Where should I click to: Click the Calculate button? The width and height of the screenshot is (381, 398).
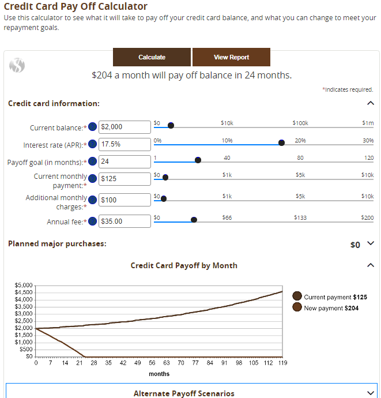152,57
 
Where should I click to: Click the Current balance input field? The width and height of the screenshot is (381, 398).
125,127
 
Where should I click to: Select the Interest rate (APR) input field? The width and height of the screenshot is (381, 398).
125,144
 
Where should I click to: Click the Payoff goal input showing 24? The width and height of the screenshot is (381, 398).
125,162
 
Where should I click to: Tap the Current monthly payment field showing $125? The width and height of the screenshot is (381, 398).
125,178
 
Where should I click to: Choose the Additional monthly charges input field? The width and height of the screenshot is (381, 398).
125,200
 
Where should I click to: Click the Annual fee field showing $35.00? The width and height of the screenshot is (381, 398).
125,221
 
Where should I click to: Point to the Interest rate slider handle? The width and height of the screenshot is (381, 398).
281,143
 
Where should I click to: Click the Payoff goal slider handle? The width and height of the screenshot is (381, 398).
198,160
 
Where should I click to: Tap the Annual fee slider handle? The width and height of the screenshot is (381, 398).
194,220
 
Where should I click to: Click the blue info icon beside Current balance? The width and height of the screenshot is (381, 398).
92,127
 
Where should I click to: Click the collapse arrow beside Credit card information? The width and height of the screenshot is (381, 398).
370,103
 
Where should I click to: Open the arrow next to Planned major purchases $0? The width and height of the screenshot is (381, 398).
371,243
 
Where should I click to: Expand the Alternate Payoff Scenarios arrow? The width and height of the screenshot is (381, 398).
371,393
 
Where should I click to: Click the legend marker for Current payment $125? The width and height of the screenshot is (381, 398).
297,296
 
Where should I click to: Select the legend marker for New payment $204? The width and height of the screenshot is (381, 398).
297,307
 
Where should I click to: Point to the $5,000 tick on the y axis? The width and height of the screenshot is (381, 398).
24,286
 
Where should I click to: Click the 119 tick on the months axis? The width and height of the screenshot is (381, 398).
282,363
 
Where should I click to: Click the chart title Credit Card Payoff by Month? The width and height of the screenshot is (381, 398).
184,265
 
